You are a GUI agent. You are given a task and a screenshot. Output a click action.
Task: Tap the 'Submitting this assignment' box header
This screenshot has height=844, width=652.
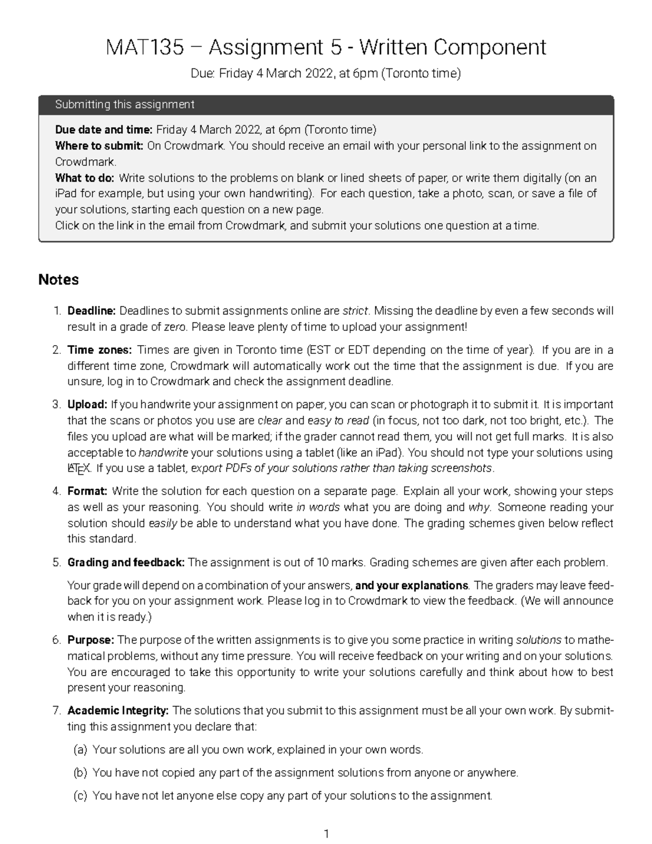[124, 104]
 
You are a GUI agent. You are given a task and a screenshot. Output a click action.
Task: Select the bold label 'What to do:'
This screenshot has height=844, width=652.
[85, 178]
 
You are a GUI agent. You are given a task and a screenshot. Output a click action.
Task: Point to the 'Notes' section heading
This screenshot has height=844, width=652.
[58, 280]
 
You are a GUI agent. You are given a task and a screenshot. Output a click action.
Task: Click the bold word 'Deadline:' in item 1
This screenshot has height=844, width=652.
[91, 311]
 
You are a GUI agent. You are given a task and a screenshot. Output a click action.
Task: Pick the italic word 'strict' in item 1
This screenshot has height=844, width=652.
[355, 311]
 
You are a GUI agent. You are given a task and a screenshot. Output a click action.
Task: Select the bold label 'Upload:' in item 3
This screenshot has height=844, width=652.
[87, 404]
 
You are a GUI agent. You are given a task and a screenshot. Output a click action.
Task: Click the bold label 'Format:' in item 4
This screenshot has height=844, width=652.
[87, 491]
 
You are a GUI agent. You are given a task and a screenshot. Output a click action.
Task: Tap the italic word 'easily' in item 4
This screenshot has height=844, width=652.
[162, 523]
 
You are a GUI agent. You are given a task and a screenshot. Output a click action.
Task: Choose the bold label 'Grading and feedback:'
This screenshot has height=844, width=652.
[126, 562]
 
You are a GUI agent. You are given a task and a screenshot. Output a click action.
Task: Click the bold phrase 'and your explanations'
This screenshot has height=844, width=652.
[411, 585]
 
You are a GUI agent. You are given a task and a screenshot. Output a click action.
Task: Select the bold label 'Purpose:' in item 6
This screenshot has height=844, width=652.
[90, 640]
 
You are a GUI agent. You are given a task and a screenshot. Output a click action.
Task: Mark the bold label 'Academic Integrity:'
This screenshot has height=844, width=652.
[118, 710]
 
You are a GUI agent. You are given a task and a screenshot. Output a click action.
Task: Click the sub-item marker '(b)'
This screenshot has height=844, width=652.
[80, 772]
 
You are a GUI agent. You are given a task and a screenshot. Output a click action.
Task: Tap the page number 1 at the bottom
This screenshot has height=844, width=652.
[326, 834]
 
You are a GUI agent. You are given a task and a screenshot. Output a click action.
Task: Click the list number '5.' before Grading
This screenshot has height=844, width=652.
[57, 562]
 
